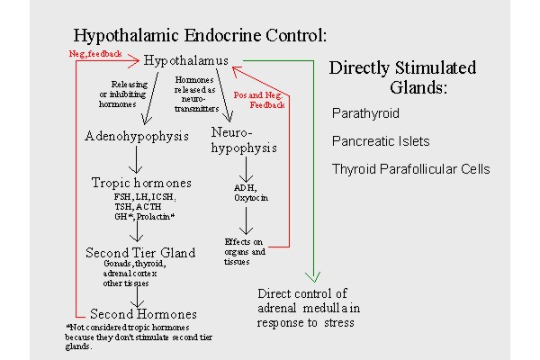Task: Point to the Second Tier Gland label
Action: (140, 252)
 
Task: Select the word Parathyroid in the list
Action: (365, 114)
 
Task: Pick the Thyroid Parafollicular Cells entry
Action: (409, 168)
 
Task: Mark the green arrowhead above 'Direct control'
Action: (312, 277)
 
